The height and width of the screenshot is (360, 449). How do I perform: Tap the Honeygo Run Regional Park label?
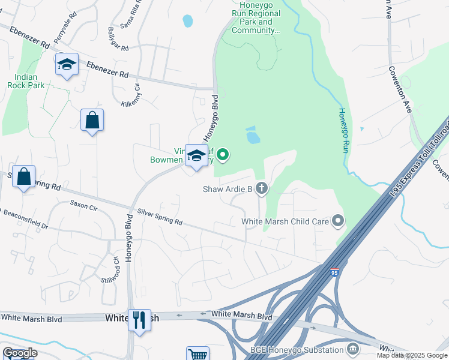256,17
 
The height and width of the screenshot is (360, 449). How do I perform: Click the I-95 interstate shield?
334,272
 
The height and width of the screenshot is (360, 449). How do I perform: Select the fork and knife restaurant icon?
139,319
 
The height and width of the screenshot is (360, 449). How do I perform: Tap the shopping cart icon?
197,354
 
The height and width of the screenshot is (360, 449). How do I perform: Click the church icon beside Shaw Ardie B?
261,189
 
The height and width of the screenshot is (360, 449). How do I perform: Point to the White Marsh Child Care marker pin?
338,221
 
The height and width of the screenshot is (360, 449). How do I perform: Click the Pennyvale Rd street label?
65,31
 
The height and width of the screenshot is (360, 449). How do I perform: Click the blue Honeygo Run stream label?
342,130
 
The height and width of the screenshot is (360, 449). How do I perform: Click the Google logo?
20,353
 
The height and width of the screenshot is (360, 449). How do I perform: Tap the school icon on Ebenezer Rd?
67,64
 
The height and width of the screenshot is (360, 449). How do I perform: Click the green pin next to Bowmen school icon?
223,155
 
